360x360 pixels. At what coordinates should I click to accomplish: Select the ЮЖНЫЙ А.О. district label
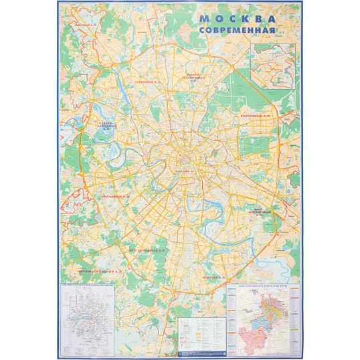tap(215, 276)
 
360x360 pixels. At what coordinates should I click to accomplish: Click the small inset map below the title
tap(272, 66)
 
